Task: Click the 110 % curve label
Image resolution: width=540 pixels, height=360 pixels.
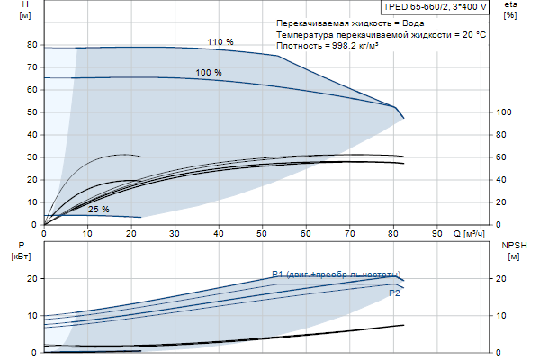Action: pos(220,42)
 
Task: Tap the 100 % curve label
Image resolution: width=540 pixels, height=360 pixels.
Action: pos(209,72)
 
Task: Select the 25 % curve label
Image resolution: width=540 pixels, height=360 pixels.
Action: pos(99,210)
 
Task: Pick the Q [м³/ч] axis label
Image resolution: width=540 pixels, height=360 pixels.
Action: pos(469,234)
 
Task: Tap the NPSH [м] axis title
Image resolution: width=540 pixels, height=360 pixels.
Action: pos(512,250)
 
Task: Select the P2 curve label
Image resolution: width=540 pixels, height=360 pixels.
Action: pos(394,293)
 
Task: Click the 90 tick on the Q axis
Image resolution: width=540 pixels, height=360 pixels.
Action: pos(436,234)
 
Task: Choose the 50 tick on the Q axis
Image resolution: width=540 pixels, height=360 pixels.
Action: pos(262,234)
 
